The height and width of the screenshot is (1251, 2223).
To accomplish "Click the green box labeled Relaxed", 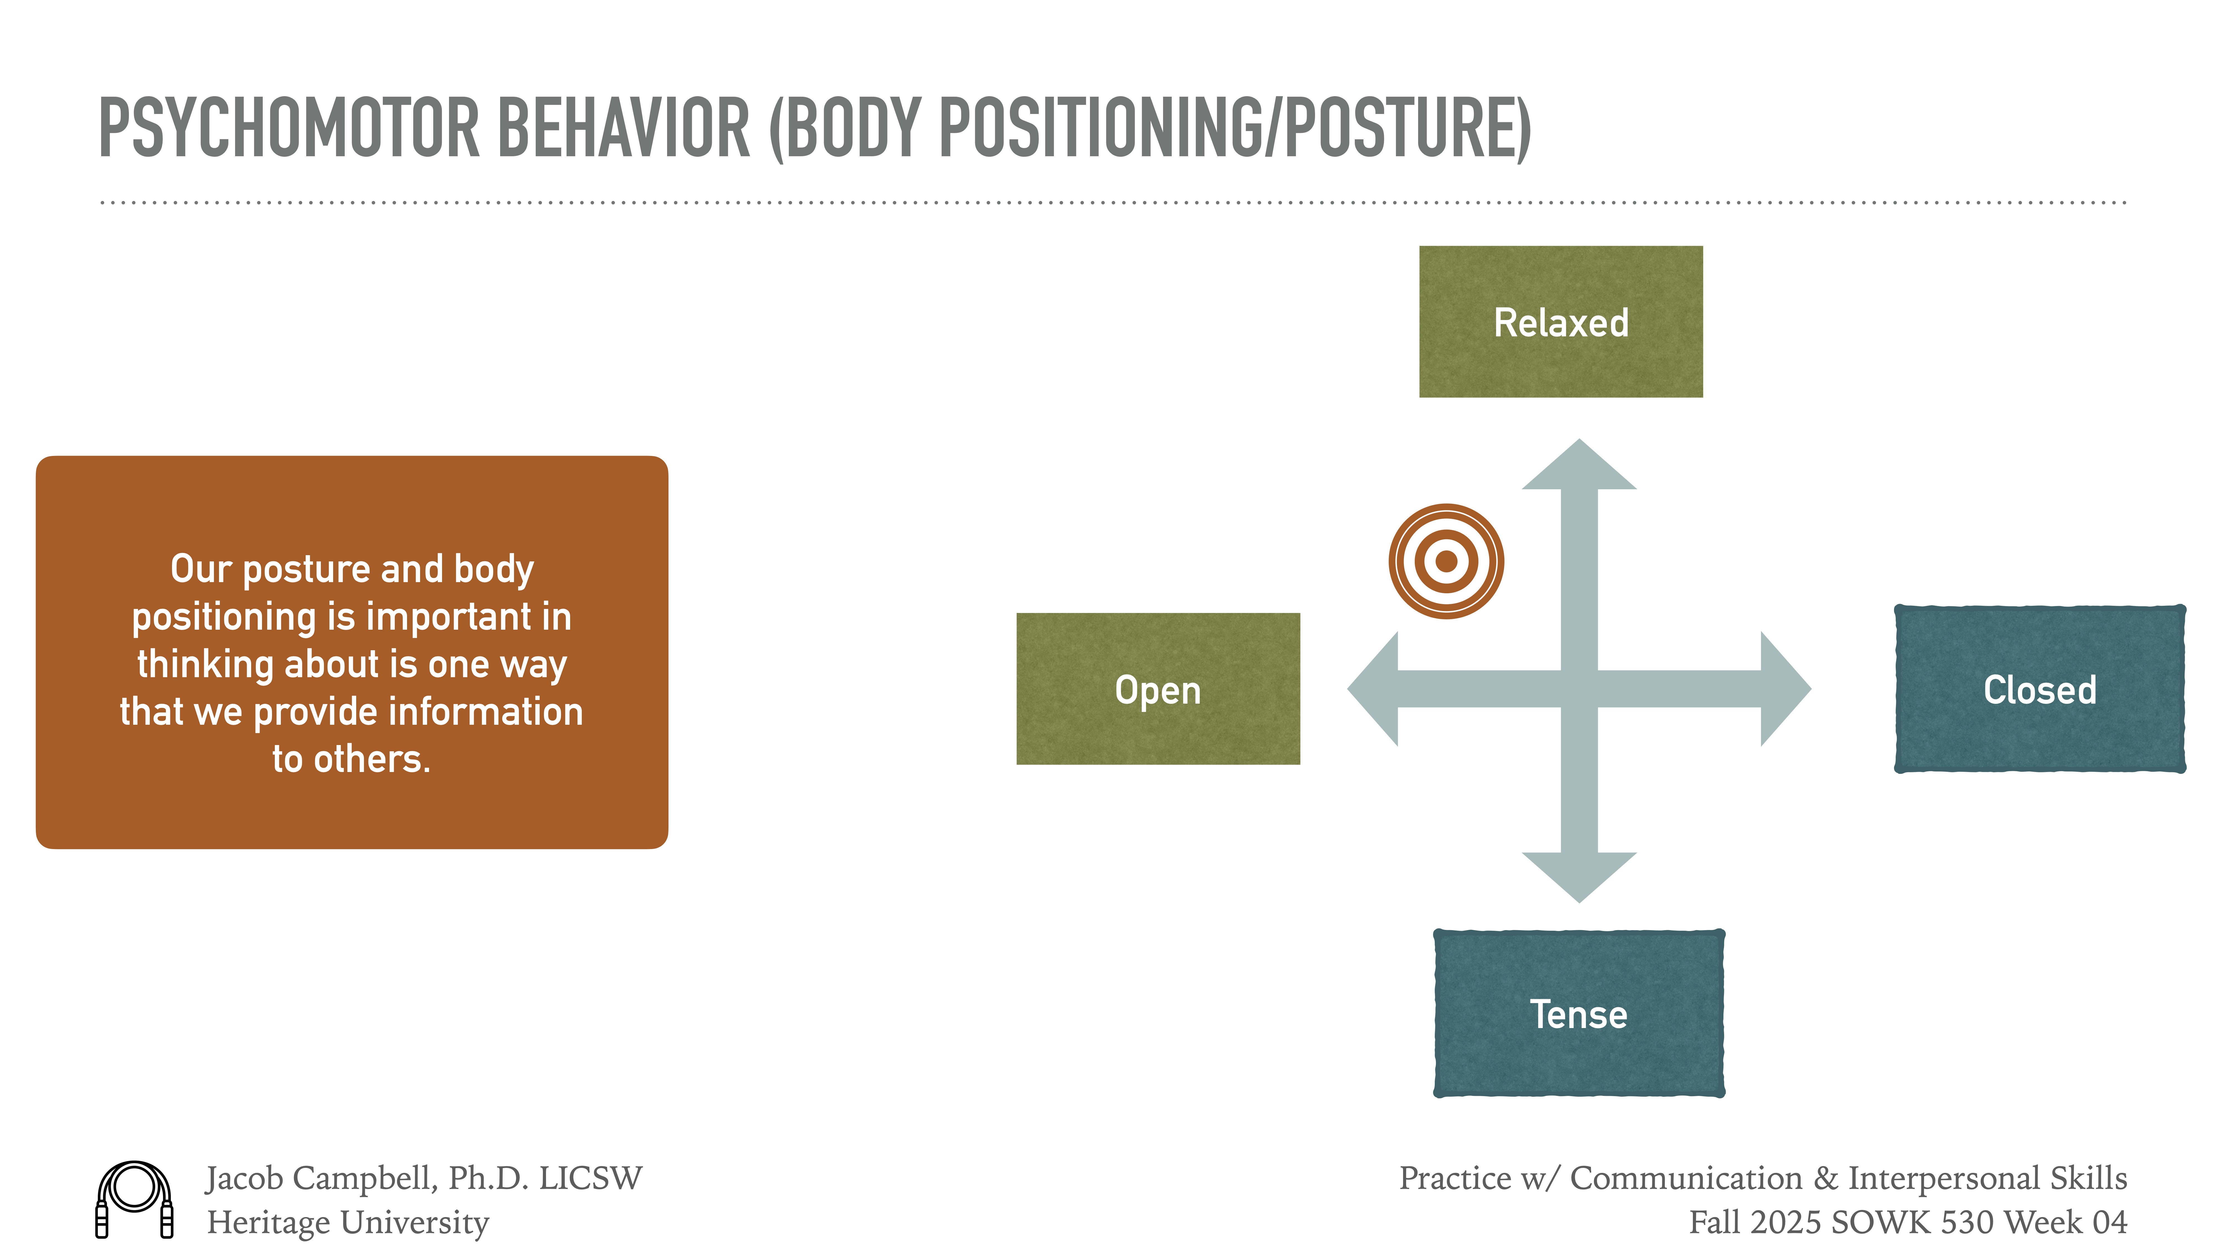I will pos(1560,322).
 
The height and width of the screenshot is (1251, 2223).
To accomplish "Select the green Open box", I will pos(1157,689).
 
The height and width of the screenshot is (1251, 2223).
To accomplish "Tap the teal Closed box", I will pos(2039,689).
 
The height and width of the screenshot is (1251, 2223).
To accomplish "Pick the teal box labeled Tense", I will pos(1578,1014).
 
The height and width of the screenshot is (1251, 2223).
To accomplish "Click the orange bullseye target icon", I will pos(1446,561).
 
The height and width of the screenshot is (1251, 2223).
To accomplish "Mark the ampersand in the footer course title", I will pos(1824,1178).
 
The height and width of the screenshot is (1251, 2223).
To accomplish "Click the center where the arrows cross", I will pos(1578,689).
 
